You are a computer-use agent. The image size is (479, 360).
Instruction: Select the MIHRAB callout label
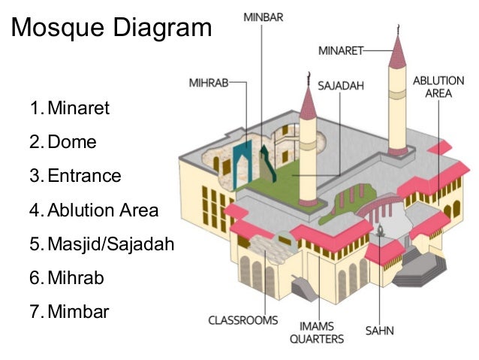[208, 83]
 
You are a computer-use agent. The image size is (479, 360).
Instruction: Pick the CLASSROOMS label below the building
[243, 321]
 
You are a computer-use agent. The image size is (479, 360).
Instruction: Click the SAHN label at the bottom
[380, 330]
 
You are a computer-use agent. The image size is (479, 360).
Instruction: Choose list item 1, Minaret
[77, 108]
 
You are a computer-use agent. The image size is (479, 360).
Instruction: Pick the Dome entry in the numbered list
[71, 142]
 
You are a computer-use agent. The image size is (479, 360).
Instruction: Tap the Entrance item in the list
[83, 176]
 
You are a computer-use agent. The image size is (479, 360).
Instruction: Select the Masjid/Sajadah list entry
[110, 244]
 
